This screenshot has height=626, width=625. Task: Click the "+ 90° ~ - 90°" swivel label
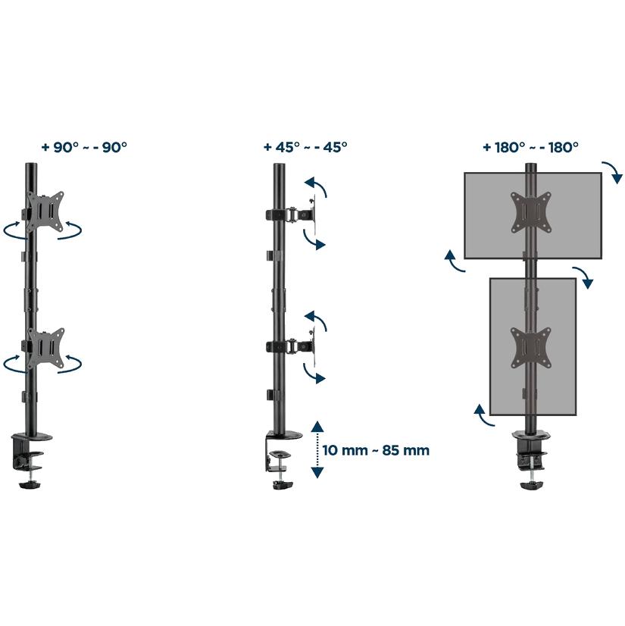point(84,147)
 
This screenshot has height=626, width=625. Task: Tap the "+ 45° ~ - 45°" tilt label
point(305,147)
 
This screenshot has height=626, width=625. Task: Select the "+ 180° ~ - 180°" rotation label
point(531,147)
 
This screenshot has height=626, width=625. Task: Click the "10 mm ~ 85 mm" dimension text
point(376,450)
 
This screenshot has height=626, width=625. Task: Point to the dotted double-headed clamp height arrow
point(317,449)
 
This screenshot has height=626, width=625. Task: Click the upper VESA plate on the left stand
point(45,211)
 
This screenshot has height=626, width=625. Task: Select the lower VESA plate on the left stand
point(45,348)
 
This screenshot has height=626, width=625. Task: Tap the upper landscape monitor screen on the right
point(533,215)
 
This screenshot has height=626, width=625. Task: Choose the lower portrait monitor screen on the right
point(533,346)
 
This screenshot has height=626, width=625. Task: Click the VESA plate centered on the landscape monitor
point(531,212)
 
